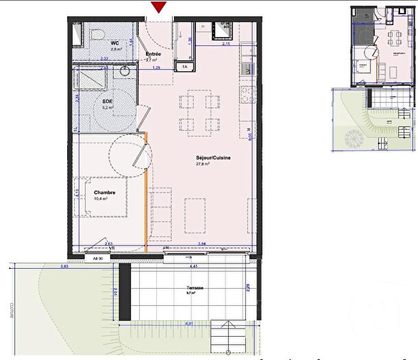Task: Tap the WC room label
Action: (115, 43)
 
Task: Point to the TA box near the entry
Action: (184, 67)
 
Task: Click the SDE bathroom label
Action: (107, 101)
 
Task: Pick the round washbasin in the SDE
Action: (126, 70)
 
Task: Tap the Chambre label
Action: (106, 193)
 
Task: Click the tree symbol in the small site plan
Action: (354, 139)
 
